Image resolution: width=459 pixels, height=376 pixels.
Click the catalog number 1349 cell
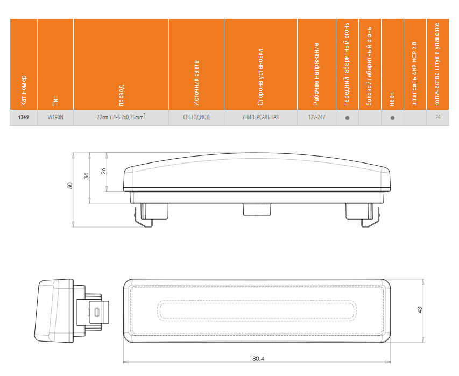pyautogui.click(x=24, y=117)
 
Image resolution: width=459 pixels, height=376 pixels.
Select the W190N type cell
pyautogui.click(x=55, y=117)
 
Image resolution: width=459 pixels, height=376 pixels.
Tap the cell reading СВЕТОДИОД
pyautogui.click(x=196, y=117)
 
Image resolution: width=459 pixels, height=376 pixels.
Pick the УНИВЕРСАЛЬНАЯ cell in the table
pyautogui.click(x=260, y=117)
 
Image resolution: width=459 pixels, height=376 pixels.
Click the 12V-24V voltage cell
pyautogui.click(x=316, y=117)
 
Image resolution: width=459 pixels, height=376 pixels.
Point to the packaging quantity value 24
pyautogui.click(x=438, y=117)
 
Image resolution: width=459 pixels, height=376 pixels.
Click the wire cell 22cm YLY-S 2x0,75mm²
pyautogui.click(x=121, y=117)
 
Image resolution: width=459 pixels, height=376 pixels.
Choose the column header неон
pyautogui.click(x=392, y=97)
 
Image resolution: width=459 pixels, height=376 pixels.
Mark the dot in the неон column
pyautogui.click(x=392, y=117)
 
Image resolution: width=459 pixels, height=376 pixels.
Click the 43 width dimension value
pyautogui.click(x=420, y=309)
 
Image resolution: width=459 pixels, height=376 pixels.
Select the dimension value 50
pyautogui.click(x=69, y=185)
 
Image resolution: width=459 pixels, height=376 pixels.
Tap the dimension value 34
pyautogui.click(x=87, y=176)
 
